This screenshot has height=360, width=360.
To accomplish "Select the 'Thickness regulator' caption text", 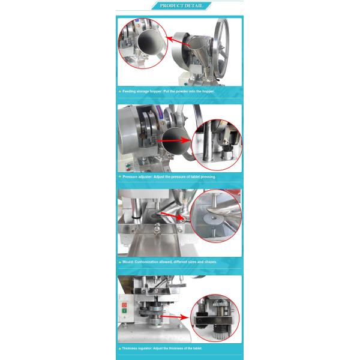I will [x=162, y=348].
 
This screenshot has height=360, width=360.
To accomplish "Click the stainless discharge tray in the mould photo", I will [x=150, y=243].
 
